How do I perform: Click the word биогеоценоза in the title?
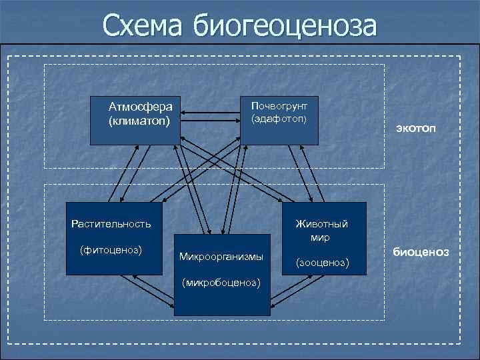[x=285, y=27]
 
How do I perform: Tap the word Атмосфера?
[x=140, y=107]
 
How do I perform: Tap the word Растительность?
[x=111, y=223]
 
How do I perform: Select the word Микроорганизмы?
[x=221, y=257]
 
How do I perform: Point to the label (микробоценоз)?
[x=221, y=282]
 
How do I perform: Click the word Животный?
[x=321, y=224]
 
